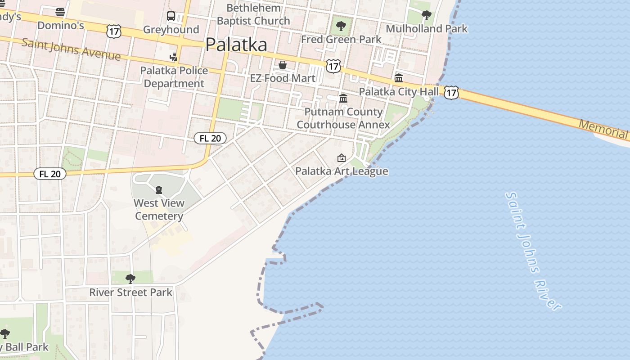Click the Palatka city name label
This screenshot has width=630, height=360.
pos(236,45)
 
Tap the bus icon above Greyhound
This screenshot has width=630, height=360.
pos(171,16)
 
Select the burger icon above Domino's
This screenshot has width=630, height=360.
pos(60,12)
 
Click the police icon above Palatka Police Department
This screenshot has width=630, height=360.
pos(173,57)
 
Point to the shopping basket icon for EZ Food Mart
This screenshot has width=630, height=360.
pos(283,65)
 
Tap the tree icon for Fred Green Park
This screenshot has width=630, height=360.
pos(341,26)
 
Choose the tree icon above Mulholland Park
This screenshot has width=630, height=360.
pos(426,15)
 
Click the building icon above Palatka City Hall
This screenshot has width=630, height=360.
pos(399,78)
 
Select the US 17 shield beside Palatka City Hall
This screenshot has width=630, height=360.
pos(451,93)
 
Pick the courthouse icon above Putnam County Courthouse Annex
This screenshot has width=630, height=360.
pos(343,98)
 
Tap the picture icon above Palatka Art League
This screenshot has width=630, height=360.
pos(342,158)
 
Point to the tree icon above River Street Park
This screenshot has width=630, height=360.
pos(130,279)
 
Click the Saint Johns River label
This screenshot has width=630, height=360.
pos(533,251)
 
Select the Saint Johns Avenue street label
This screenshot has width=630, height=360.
pos(71,49)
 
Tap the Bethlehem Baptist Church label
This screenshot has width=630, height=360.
pos(253,14)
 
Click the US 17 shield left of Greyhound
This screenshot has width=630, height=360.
pos(114,31)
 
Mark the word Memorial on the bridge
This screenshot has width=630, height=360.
pos(603,129)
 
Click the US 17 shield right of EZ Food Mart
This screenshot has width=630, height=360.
pos(333,66)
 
